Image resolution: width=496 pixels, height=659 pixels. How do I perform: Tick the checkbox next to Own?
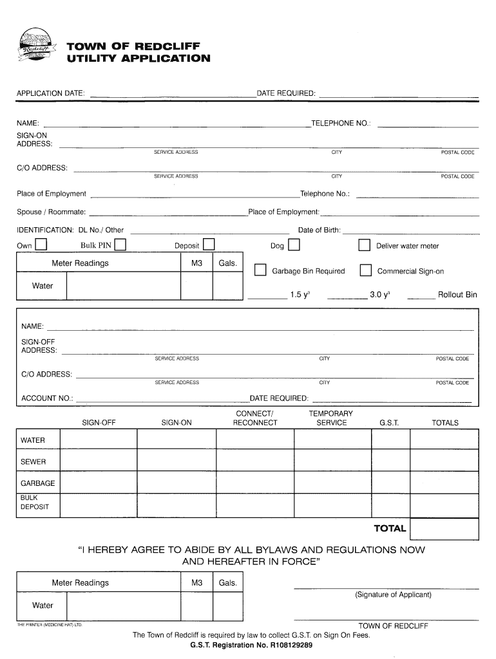(41, 245)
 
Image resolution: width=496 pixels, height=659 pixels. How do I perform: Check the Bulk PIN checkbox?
(120, 245)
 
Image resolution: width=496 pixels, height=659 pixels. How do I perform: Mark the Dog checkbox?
(294, 245)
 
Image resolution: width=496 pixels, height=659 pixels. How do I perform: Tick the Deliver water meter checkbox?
(365, 245)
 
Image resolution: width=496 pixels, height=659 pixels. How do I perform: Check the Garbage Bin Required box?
(260, 270)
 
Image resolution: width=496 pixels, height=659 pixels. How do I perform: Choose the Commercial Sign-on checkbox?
(365, 270)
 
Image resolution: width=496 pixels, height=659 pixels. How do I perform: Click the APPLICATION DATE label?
(50, 94)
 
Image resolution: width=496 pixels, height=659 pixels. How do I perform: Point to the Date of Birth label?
(319, 230)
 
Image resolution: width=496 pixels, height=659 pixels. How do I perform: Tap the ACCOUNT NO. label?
(47, 398)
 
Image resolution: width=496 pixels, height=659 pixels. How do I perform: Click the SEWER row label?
(33, 462)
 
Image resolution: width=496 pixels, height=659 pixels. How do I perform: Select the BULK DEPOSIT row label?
(31, 503)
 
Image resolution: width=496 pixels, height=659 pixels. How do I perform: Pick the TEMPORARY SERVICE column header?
(331, 418)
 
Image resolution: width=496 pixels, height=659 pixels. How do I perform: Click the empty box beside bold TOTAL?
(444, 529)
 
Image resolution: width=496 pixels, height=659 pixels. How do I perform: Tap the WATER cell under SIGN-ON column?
(176, 441)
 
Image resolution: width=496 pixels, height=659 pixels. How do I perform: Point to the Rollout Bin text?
(457, 295)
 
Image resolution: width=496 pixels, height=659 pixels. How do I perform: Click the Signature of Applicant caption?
(393, 595)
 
